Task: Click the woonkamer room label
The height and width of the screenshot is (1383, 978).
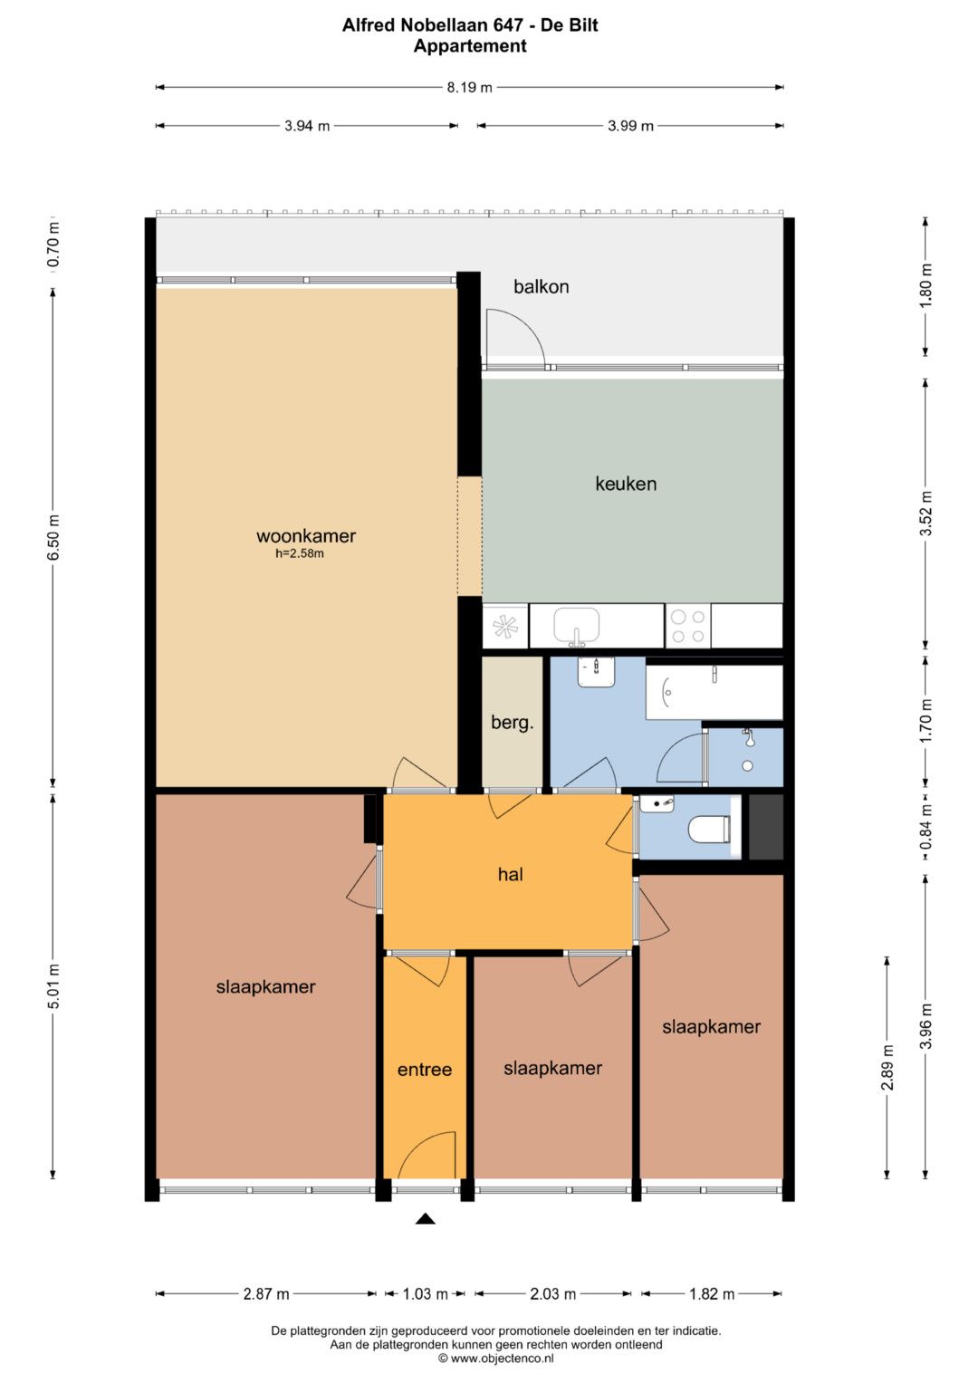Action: [x=306, y=536]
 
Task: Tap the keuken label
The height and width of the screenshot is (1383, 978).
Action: [x=626, y=484]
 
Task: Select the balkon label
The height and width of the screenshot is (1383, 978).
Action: [x=541, y=286]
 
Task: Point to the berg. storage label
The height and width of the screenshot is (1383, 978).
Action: [x=512, y=723]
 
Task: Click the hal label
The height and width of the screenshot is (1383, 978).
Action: [x=511, y=874]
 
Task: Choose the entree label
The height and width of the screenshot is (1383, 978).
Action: [x=424, y=1070]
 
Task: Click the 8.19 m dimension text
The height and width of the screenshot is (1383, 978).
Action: [x=470, y=88]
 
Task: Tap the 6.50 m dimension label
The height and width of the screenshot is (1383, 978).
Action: [x=54, y=537]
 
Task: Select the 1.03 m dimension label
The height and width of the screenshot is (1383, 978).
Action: [x=425, y=1294]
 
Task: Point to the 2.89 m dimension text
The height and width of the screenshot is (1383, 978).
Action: [x=887, y=1068]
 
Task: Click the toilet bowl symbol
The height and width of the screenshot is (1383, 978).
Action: [x=710, y=830]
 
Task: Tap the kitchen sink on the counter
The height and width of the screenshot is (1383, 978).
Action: [x=577, y=627]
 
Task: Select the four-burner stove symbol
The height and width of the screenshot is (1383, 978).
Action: [x=688, y=626]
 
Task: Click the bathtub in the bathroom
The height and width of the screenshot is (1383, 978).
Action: [x=714, y=693]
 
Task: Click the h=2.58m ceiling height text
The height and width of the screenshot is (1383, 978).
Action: [x=300, y=553]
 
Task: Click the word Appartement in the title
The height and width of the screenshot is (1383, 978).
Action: [x=470, y=46]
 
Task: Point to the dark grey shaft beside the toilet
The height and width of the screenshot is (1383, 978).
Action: [x=765, y=827]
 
